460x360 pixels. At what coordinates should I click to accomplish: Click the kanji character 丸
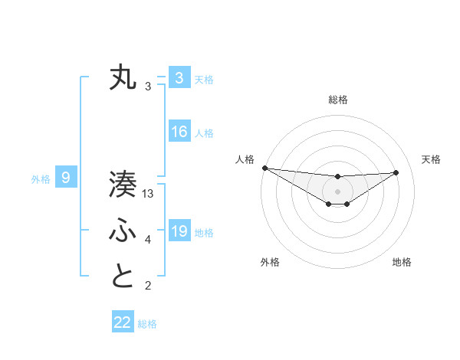click(x=123, y=79)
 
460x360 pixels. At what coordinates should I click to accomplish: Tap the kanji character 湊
click(x=123, y=185)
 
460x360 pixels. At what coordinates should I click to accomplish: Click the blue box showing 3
click(x=179, y=78)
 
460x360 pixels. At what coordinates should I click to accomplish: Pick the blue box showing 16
click(x=179, y=132)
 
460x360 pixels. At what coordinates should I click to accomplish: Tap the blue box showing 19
click(x=179, y=231)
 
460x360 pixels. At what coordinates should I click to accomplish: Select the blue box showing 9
click(x=66, y=178)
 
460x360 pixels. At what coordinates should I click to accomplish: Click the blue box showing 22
click(x=123, y=322)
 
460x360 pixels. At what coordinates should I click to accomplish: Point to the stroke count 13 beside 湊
click(x=149, y=195)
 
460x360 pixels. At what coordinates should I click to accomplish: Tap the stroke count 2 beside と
click(x=148, y=286)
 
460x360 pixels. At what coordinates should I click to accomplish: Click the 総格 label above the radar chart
click(x=337, y=100)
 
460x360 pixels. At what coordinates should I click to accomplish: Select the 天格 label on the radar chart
click(x=431, y=159)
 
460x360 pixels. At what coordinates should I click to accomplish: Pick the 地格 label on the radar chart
click(x=402, y=262)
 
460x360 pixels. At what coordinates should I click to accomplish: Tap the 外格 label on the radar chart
click(x=270, y=262)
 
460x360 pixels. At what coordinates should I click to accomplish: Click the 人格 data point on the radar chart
click(x=264, y=168)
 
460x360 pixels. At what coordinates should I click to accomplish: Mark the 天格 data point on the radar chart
click(x=396, y=172)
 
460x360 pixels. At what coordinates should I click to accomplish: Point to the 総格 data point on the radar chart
click(x=337, y=177)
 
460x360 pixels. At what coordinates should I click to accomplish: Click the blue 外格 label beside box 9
click(x=41, y=179)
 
